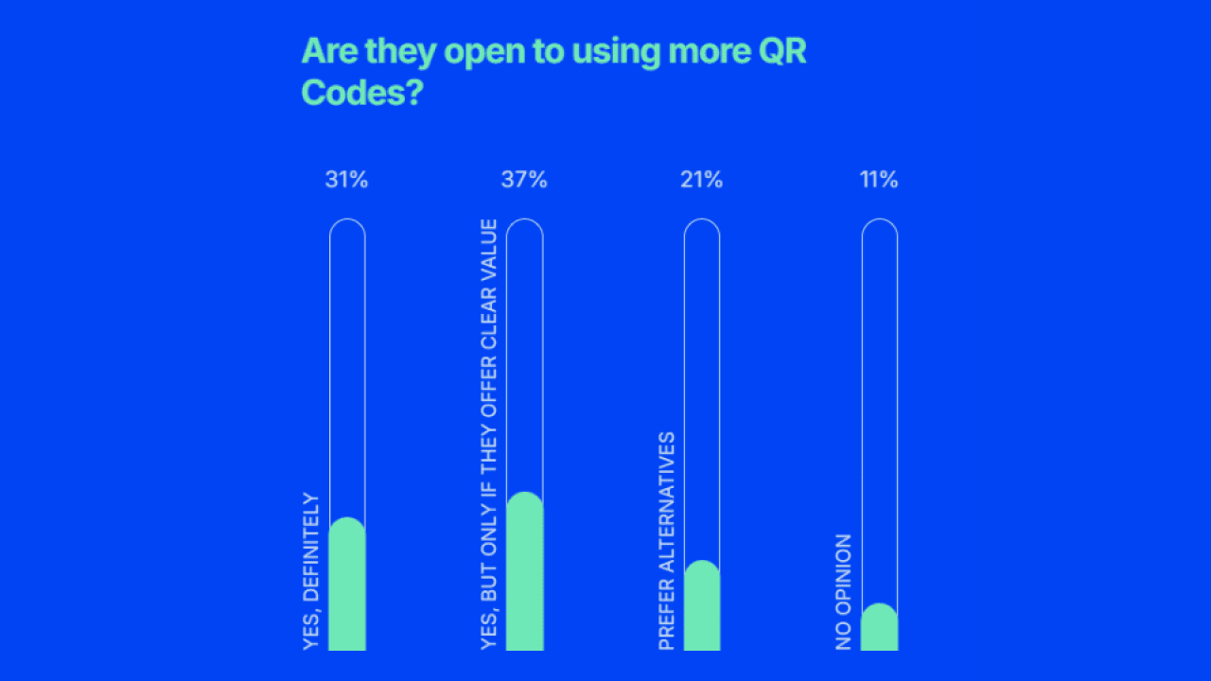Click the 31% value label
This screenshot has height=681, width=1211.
pos(346,180)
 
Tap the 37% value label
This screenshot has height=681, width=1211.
pos(524,180)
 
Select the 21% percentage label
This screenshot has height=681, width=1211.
pos(701,180)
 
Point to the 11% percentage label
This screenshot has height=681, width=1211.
pos(879,180)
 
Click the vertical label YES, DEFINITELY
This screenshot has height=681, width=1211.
pos(311,571)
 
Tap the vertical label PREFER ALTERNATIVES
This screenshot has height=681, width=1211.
pos(667,541)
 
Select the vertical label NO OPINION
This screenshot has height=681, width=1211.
pos(844,591)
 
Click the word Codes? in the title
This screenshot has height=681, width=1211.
pos(360,93)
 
